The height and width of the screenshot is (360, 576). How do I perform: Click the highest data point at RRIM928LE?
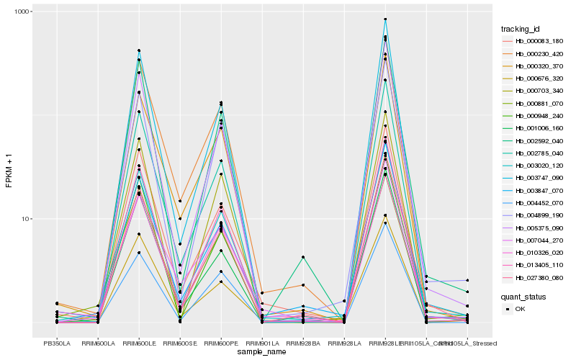pyautogui.click(x=385, y=19)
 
